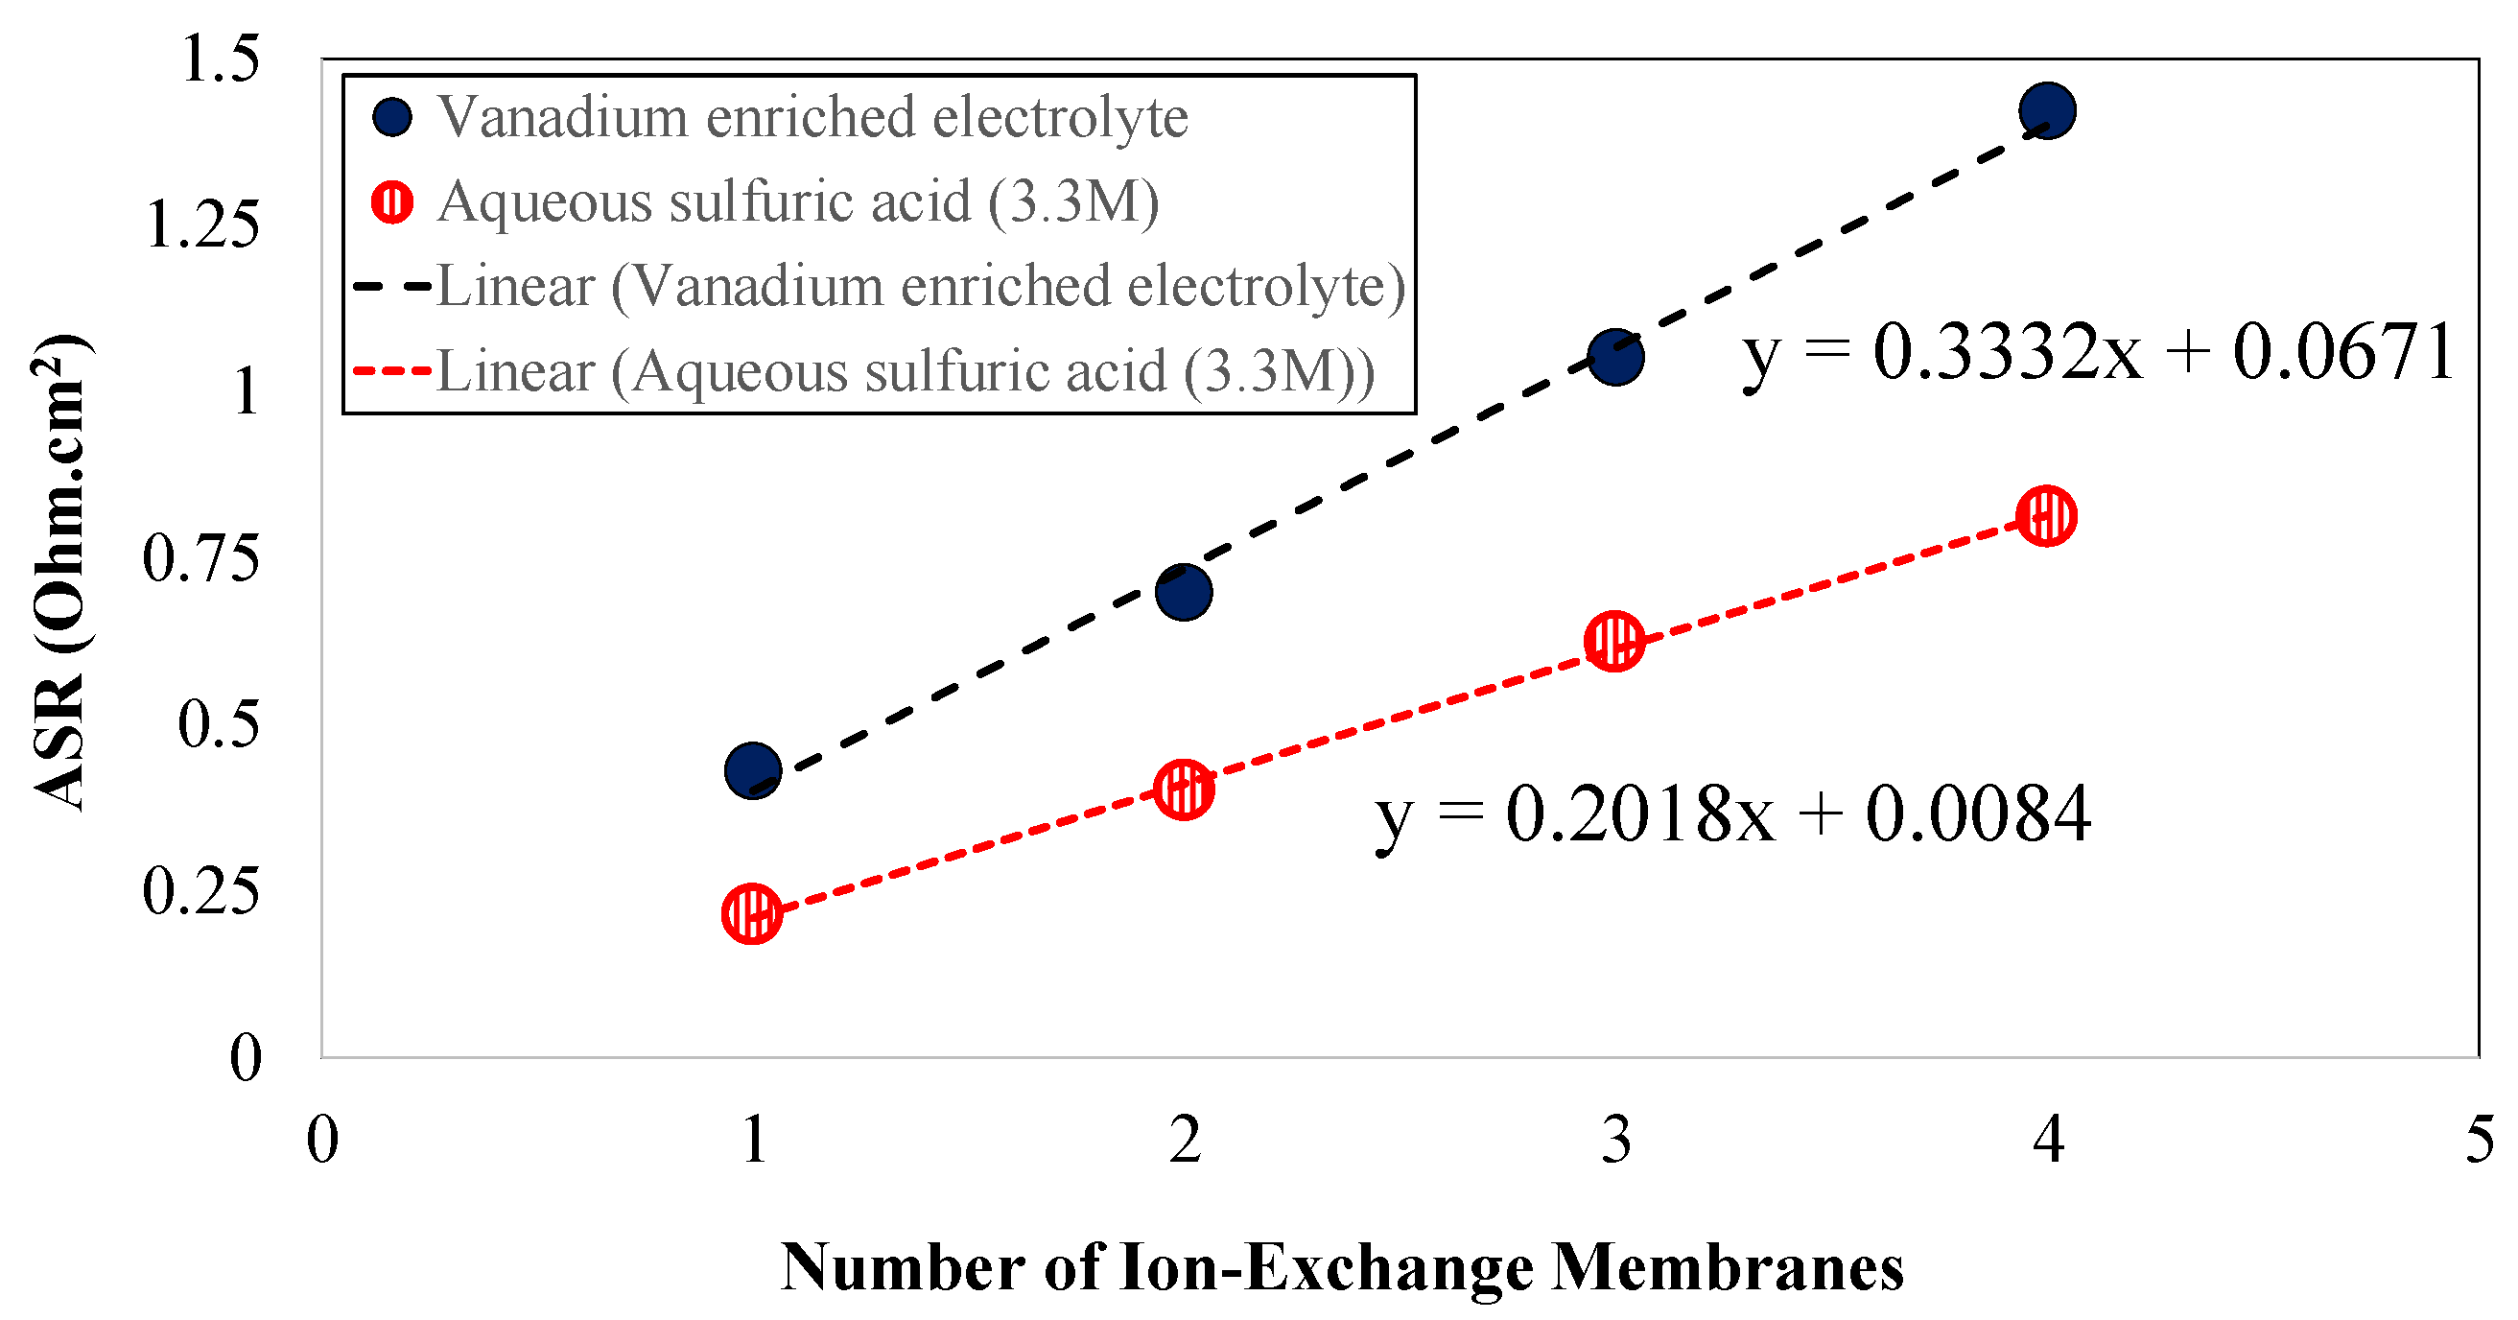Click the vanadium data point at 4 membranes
[x=2046, y=109]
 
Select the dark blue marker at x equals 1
[x=753, y=769]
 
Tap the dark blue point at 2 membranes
[x=1184, y=592]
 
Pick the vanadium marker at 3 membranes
[x=1614, y=357]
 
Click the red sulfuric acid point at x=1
[x=752, y=914]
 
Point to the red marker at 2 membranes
[x=1184, y=789]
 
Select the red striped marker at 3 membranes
[x=1613, y=642]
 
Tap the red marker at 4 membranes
[x=2046, y=515]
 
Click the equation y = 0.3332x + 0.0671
[x=2098, y=353]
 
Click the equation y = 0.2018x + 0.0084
[x=1732, y=814]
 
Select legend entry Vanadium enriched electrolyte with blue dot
[x=393, y=117]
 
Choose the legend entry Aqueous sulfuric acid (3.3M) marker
[x=393, y=202]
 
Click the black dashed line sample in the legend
[x=392, y=287]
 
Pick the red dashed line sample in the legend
[x=392, y=371]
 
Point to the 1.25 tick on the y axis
[x=203, y=224]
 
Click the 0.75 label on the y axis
[x=201, y=558]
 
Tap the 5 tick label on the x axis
[x=2479, y=1140]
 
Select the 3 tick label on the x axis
[x=1615, y=1140]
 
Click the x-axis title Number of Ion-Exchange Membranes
[x=1341, y=1268]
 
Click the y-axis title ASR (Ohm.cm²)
[x=60, y=572]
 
